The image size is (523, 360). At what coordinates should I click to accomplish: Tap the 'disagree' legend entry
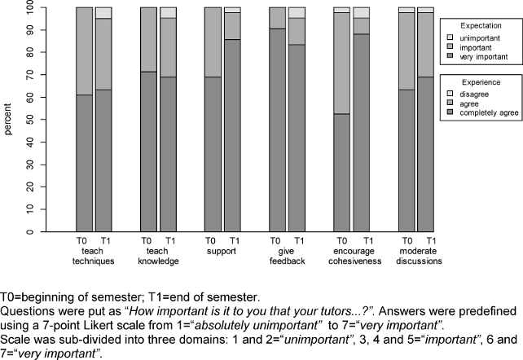476,94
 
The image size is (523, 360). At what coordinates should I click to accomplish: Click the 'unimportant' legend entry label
481,37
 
